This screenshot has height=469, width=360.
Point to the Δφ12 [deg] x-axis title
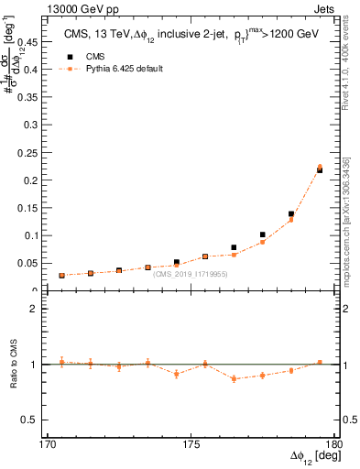click(x=311, y=457)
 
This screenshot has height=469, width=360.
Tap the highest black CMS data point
click(x=320, y=170)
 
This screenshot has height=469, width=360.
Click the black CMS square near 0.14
click(x=291, y=214)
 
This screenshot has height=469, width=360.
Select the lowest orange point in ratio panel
click(x=234, y=378)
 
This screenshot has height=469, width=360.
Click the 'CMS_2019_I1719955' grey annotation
click(x=191, y=274)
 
